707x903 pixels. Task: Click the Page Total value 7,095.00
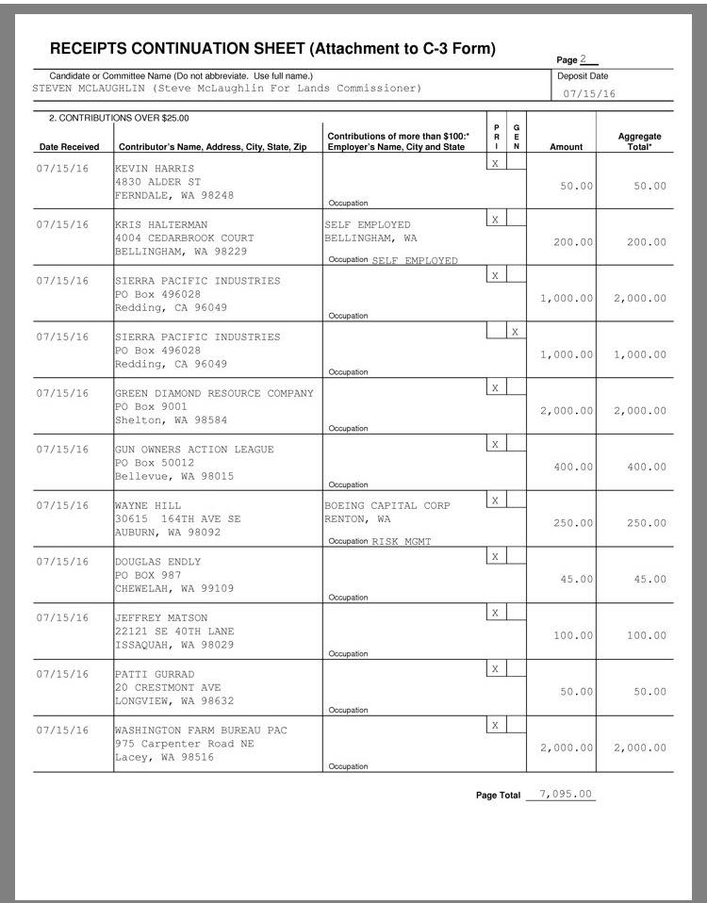click(x=563, y=794)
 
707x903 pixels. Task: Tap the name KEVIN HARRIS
click(x=154, y=168)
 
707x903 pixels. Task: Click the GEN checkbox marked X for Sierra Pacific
click(x=515, y=331)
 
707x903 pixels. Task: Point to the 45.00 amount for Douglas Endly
click(x=576, y=580)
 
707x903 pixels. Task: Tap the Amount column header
click(x=566, y=147)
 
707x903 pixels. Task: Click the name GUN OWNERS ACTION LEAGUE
click(x=194, y=450)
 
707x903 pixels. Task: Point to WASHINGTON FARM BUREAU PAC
click(x=201, y=731)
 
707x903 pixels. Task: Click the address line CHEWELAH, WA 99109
click(x=174, y=588)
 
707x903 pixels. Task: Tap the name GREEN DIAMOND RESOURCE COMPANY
click(x=214, y=393)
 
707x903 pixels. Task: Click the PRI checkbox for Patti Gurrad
click(x=495, y=668)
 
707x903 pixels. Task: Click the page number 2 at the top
click(x=584, y=59)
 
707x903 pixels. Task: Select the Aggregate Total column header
click(x=639, y=141)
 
